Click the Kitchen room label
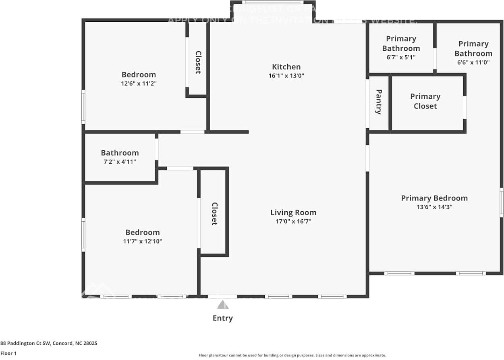pos(286,67)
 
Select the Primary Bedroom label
pos(434,198)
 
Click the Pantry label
pos(378,102)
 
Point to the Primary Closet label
pos(425,101)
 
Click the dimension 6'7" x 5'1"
pos(401,57)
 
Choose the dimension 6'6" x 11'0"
pos(473,62)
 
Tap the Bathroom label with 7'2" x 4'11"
pos(120,153)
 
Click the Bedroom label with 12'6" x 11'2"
pos(139,75)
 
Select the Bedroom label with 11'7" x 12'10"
pos(142,232)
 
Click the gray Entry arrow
pos(222,305)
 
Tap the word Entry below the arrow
pos(222,318)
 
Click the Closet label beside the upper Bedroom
pos(198,62)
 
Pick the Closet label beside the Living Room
pos(214,214)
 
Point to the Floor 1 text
pos(9,353)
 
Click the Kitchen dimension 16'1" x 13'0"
pos(286,76)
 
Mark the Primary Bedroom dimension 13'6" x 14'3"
pos(434,207)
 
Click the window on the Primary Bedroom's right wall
pos(501,202)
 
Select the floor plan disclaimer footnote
pos(292,355)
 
